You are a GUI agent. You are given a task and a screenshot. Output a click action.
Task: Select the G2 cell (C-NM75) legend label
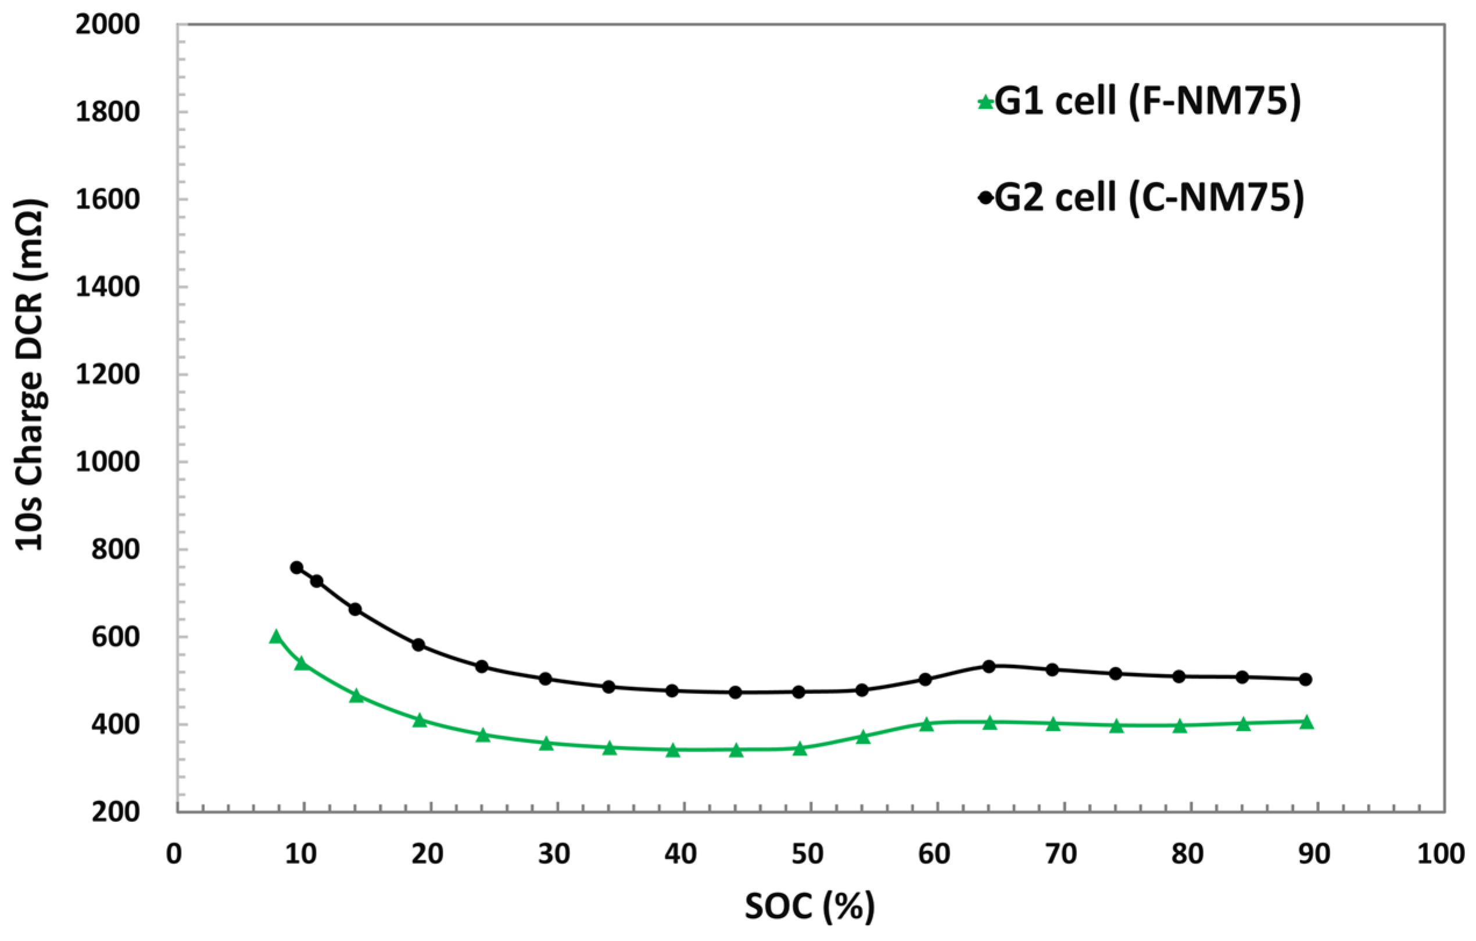point(1149,198)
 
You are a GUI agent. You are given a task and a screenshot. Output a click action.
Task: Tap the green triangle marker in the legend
point(985,102)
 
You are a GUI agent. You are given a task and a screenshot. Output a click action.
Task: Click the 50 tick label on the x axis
point(807,853)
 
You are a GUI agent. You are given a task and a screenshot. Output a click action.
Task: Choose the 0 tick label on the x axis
point(174,853)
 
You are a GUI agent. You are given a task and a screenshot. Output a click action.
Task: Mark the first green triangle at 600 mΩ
point(276,637)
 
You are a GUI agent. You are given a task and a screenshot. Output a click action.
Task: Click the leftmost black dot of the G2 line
point(297,568)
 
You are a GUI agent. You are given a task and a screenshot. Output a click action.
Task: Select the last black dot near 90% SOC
point(1305,679)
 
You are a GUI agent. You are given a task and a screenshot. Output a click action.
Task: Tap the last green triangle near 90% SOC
point(1306,722)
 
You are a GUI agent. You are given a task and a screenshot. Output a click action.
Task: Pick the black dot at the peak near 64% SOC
point(988,666)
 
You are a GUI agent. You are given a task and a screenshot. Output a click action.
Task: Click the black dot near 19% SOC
point(418,645)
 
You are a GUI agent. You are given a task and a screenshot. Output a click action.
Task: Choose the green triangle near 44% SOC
point(736,750)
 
